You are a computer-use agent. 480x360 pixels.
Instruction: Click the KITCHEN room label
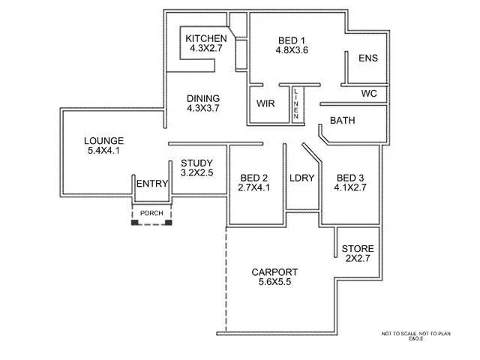coord(205,39)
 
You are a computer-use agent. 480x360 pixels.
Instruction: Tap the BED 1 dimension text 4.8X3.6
coord(292,51)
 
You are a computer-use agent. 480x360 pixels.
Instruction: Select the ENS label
coord(367,58)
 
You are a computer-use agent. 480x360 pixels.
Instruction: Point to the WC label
coord(368,94)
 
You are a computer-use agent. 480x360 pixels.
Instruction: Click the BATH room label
coord(342,120)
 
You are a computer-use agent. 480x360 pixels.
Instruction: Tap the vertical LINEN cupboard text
coord(297,103)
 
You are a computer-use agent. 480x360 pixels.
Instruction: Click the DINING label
coord(202,98)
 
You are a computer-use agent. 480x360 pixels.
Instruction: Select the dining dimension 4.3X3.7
coord(202,108)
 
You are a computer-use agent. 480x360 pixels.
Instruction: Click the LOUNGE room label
coord(103,141)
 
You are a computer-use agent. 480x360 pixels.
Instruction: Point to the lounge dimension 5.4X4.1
coord(103,151)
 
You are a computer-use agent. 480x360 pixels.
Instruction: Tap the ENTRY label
coord(151,184)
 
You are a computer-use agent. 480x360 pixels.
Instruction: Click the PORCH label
coord(151,213)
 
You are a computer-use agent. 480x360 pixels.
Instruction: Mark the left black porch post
coord(134,222)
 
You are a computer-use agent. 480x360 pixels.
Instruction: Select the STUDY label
coord(196,163)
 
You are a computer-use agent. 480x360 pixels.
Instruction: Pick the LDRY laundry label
coord(301,178)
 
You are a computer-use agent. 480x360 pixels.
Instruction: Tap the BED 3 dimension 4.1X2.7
coord(350,187)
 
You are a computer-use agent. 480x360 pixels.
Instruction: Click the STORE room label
coord(358,249)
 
